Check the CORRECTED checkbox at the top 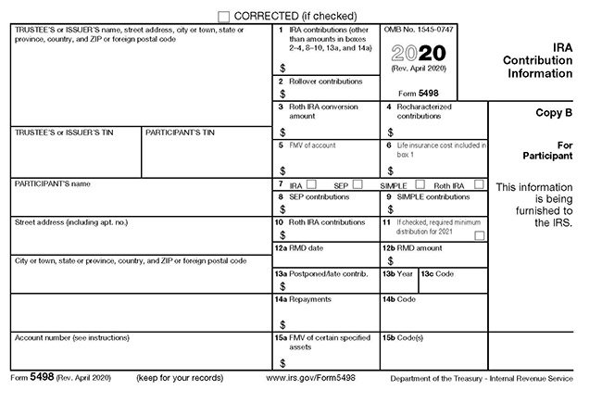[x=224, y=16]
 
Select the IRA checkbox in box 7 [x=312, y=184]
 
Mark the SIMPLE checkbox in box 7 [x=420, y=184]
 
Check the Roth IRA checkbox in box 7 [x=479, y=184]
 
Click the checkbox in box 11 [x=479, y=237]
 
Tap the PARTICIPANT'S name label [x=53, y=184]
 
